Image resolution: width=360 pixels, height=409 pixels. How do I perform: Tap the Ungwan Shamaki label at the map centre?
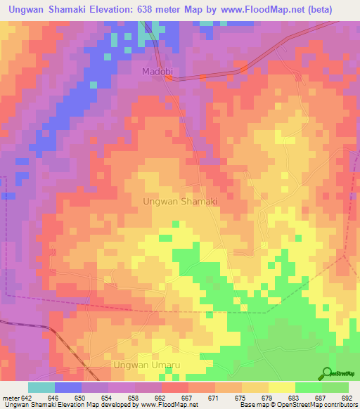pos(180,201)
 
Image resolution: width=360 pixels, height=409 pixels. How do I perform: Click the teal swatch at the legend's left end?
pos(41,387)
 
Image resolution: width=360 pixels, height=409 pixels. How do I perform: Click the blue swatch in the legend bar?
pos(67,387)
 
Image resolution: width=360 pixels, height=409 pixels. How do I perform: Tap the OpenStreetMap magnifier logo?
pos(328,373)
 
